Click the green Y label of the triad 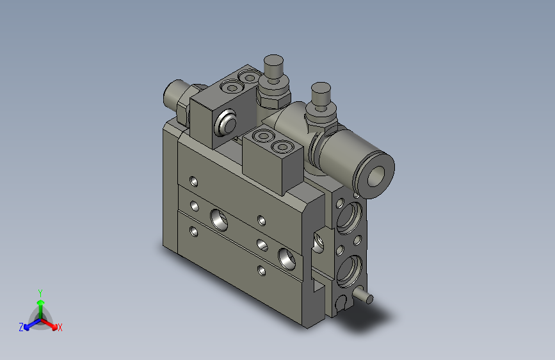point(40,291)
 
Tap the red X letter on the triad point(60,328)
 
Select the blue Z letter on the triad point(21,327)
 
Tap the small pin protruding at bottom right point(362,297)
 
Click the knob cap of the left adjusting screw point(273,65)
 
